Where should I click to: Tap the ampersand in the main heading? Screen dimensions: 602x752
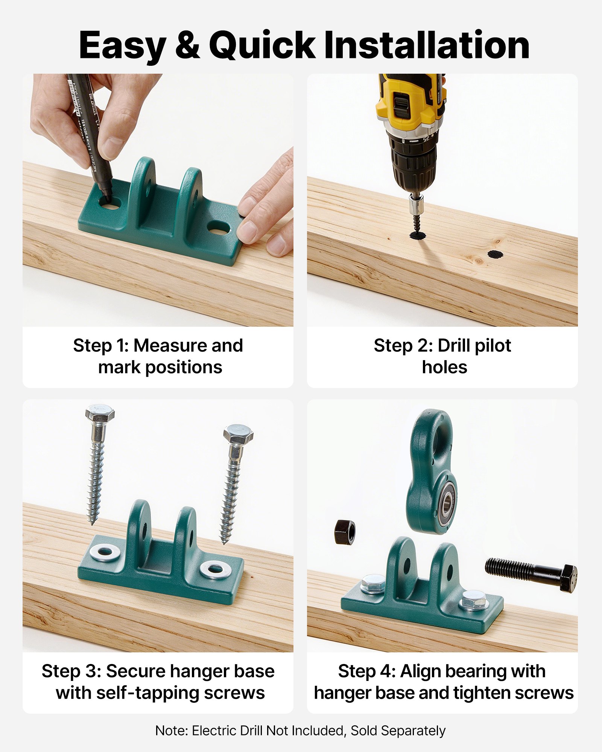coord(187,45)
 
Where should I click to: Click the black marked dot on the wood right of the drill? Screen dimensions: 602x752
coord(495,254)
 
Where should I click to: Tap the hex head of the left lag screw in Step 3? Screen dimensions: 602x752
coord(100,414)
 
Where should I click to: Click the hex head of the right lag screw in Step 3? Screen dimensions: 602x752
coord(238,434)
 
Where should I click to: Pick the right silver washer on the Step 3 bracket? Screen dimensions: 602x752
coord(215,569)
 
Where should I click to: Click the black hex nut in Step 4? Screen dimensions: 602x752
coord(344,532)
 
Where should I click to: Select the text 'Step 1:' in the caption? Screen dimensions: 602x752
coord(101,346)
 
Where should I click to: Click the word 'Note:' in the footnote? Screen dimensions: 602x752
coord(172,731)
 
